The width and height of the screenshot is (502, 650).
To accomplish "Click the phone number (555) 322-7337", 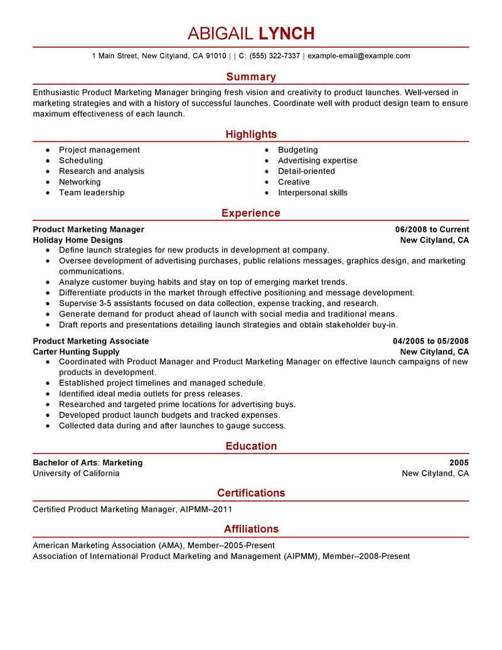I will point(274,56).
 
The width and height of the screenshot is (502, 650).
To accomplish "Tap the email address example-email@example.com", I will point(359,56).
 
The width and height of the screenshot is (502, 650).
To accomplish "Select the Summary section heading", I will point(250,77).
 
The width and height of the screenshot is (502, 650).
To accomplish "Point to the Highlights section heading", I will point(250,134).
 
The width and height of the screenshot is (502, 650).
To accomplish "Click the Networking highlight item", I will point(80,182).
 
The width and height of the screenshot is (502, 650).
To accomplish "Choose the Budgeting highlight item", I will point(297,150).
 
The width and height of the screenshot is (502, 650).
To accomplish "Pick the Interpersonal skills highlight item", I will point(312,193).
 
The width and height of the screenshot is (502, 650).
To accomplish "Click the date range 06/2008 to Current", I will point(432,229).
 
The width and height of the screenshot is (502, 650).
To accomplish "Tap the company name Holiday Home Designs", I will point(78,240).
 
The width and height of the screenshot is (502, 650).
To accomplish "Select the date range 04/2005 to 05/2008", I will point(430,341).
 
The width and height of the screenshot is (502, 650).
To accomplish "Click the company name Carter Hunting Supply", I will point(76,352).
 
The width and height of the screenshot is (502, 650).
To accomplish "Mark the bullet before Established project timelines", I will point(48,383).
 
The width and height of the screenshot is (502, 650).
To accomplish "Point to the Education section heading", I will point(250,446).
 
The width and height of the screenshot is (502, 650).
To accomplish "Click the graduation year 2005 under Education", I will point(459,463).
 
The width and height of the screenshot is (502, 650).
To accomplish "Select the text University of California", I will point(76,474).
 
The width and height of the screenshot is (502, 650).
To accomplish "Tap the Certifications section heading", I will point(250,493).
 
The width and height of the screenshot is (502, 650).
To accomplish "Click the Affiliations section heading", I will point(250,529).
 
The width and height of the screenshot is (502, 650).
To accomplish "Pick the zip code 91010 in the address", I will point(216,56).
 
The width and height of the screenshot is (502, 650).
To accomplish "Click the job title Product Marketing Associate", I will point(91,341).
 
